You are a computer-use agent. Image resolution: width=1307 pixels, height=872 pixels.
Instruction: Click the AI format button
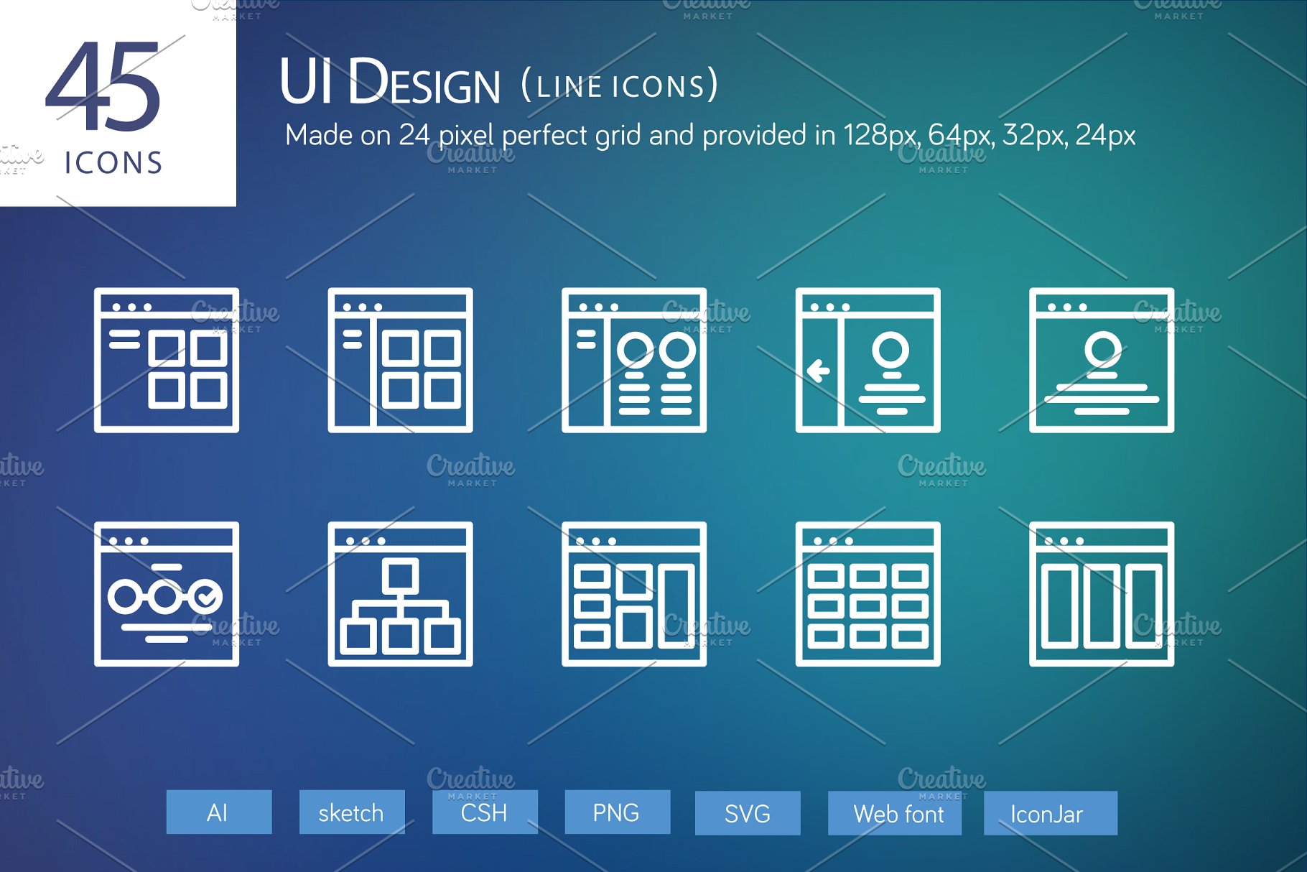pyautogui.click(x=218, y=812)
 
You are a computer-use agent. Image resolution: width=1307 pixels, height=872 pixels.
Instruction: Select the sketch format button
pyautogui.click(x=351, y=812)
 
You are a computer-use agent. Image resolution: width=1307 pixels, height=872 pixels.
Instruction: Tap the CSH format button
pyautogui.click(x=485, y=812)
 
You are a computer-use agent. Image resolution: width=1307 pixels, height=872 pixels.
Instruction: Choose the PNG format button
pyautogui.click(x=617, y=812)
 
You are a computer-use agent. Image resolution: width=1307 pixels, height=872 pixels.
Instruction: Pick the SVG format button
pyautogui.click(x=747, y=813)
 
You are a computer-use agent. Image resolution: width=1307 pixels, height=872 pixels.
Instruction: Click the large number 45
pyautogui.click(x=103, y=88)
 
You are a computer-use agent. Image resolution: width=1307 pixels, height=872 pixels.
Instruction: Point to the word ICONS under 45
pyautogui.click(x=114, y=163)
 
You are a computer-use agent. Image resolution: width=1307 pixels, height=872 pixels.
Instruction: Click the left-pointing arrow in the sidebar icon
pyautogui.click(x=819, y=371)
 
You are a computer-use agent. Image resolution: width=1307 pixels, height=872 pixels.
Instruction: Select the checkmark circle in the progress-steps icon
pyautogui.click(x=206, y=595)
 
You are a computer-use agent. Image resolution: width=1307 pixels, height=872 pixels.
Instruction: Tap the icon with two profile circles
pyautogui.click(x=634, y=360)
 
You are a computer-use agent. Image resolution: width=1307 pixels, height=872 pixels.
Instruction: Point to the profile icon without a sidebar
pyautogui.click(x=1102, y=360)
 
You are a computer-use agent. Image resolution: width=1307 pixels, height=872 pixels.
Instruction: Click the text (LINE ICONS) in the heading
pyautogui.click(x=619, y=85)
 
